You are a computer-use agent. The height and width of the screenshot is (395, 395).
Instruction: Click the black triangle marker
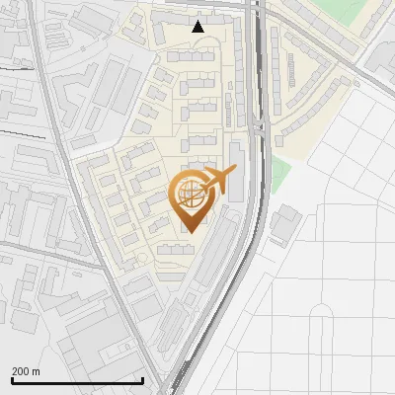tap(198, 27)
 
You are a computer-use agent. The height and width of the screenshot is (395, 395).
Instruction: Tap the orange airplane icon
tap(218, 181)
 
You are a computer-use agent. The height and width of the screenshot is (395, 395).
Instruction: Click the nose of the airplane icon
tap(235, 170)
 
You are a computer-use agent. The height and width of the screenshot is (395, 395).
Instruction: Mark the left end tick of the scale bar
tap(12, 380)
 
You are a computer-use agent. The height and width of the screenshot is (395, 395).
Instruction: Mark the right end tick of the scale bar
tap(143, 380)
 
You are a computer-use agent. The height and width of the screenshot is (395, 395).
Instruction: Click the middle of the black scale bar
tap(77, 381)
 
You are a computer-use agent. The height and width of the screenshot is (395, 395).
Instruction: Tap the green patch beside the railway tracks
tap(281, 176)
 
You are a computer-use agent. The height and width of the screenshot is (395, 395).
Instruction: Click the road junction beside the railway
tap(259, 126)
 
